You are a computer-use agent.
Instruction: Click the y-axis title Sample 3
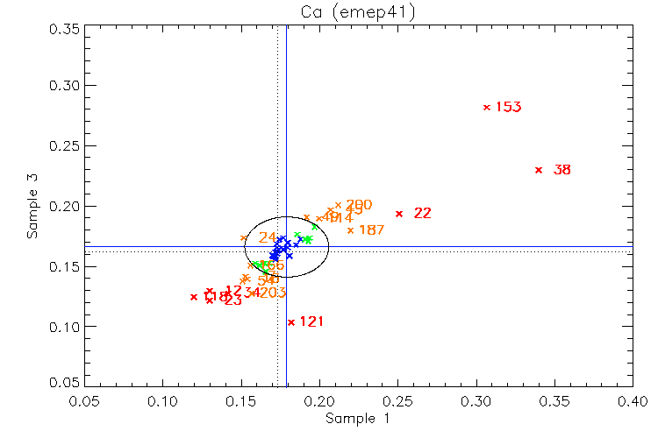click(32, 208)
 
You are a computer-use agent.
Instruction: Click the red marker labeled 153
click(487, 107)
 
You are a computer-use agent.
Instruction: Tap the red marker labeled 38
click(539, 170)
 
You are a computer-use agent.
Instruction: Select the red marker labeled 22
click(399, 213)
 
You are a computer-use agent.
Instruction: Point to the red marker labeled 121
click(291, 322)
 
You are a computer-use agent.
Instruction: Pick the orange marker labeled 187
click(350, 230)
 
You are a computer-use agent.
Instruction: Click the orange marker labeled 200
click(338, 205)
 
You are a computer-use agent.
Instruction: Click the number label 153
click(509, 107)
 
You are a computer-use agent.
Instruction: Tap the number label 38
click(562, 170)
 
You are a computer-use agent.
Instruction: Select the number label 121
click(311, 321)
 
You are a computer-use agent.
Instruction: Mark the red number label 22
click(423, 213)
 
